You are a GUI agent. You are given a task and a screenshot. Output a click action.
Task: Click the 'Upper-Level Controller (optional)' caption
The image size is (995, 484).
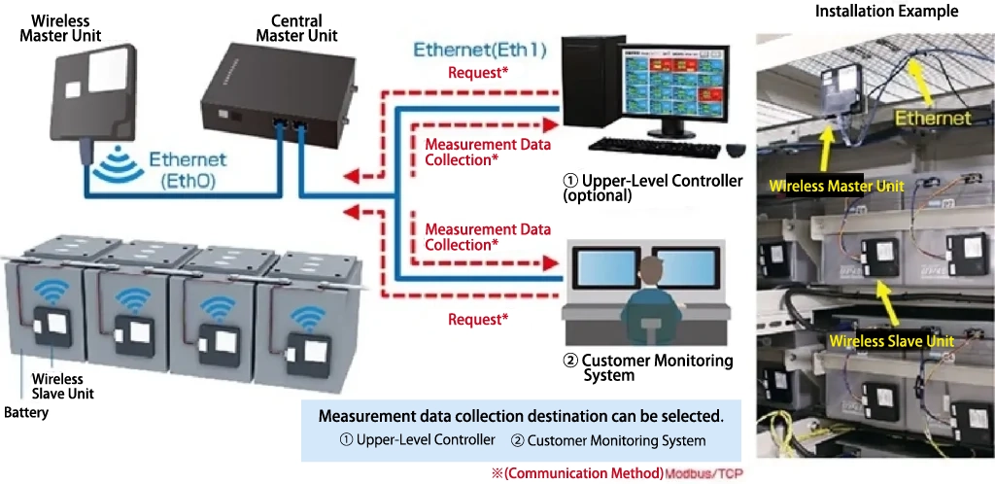pos(653,188)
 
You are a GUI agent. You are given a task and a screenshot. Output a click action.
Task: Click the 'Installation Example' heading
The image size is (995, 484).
pos(873,12)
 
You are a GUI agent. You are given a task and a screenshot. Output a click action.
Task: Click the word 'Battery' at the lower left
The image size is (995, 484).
pos(26,413)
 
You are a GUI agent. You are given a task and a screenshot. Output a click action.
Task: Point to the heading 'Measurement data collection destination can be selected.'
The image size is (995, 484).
pos(521,416)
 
